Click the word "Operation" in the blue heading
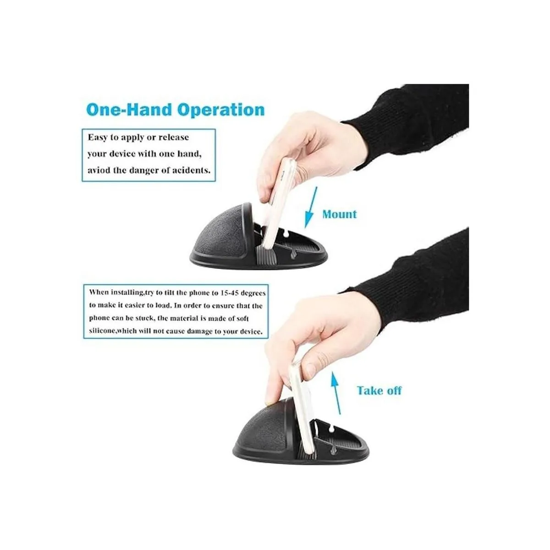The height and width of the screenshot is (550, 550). tap(221, 110)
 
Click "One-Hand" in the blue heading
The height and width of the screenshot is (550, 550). tap(130, 110)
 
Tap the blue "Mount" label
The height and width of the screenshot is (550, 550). tap(339, 214)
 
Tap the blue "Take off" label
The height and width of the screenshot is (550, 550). tap(379, 390)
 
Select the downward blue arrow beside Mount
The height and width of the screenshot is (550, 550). tap(311, 207)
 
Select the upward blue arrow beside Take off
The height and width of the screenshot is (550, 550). tap(335, 393)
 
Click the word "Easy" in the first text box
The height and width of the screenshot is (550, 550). tap(98, 138)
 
